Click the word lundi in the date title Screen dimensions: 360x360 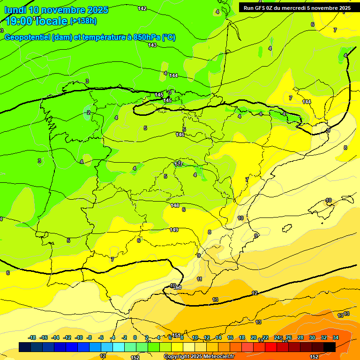[x=15, y=10]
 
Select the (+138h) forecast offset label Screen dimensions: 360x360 [x=83, y=21]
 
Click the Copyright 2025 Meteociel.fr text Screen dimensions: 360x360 [x=199, y=357]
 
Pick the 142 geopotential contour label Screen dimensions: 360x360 [x=142, y=8]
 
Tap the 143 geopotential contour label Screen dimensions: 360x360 [x=152, y=45]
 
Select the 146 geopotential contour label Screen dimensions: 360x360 [x=180, y=135]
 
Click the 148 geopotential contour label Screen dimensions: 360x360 [x=175, y=205]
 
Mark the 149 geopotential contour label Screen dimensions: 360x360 [x=174, y=230]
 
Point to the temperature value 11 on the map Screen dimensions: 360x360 [x=200, y=279]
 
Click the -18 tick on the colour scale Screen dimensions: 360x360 [x=32, y=337]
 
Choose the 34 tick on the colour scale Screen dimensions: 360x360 [x=336, y=337]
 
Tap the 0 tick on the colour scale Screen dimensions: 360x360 [x=135, y=337]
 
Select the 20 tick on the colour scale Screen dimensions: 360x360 [x=254, y=337]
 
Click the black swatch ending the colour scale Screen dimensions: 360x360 [x=330, y=347]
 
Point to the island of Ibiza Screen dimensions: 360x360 [x=286, y=228]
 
